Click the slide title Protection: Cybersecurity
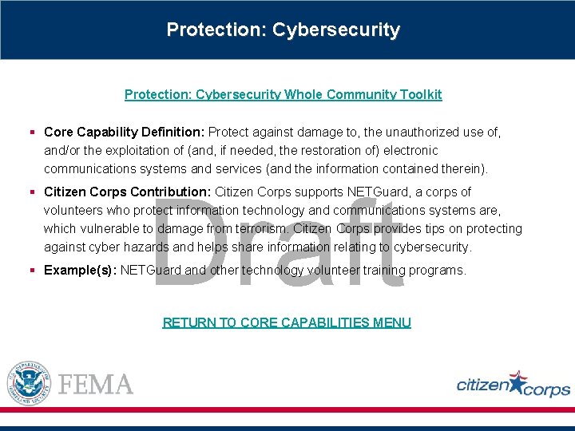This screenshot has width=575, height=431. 283,30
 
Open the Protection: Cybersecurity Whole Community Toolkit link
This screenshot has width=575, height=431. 283,94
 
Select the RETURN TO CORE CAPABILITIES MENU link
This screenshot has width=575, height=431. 287,322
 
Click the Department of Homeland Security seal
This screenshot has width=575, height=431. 29,383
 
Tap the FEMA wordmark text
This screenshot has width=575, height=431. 96,384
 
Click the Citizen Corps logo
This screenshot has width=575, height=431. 513,385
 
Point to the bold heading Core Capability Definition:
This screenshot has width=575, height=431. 125,132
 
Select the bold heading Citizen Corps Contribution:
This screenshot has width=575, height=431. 128,192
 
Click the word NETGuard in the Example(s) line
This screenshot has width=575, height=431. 151,271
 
